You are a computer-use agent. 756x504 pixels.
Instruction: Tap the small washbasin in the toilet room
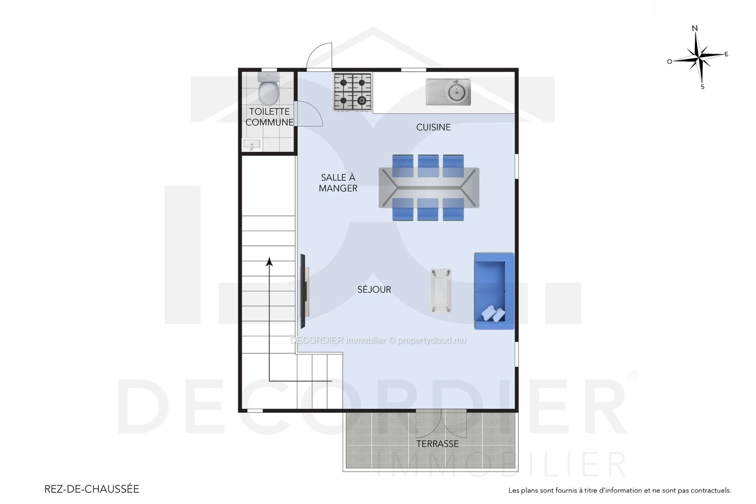pos(252,145)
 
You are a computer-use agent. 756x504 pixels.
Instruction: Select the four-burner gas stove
pos(353,92)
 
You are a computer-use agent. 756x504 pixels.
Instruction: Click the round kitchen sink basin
pos(456,91)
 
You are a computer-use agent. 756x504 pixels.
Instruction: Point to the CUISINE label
pos(433,127)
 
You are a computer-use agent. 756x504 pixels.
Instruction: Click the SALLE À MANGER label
pos(338,183)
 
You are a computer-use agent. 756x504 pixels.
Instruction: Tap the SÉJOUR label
pos(374,289)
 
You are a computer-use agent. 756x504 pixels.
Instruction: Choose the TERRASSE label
pos(438,443)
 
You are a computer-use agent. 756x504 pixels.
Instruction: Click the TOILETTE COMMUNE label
pos(269,117)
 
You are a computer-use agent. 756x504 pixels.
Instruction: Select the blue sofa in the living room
pos(494,291)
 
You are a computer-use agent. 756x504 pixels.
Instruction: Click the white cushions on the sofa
pos(493,314)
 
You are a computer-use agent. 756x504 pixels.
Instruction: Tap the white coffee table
pos(441,291)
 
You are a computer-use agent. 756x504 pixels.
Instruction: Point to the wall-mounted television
pos(303,291)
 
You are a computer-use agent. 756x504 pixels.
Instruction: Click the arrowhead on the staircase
pos(269,262)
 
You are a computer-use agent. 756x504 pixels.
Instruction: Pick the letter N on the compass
pos(694,29)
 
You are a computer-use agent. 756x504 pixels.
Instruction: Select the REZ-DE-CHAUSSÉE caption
pos(92,489)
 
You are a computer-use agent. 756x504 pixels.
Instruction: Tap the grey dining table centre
pos(429,188)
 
